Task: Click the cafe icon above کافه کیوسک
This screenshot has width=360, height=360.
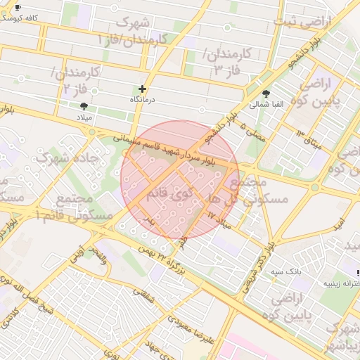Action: point(18,8)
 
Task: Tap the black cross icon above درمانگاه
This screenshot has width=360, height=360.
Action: point(143,89)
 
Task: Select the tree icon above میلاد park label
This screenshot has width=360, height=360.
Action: point(84,106)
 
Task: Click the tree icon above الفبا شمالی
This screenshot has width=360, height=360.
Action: point(266,94)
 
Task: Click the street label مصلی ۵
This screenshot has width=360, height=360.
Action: point(252,131)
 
